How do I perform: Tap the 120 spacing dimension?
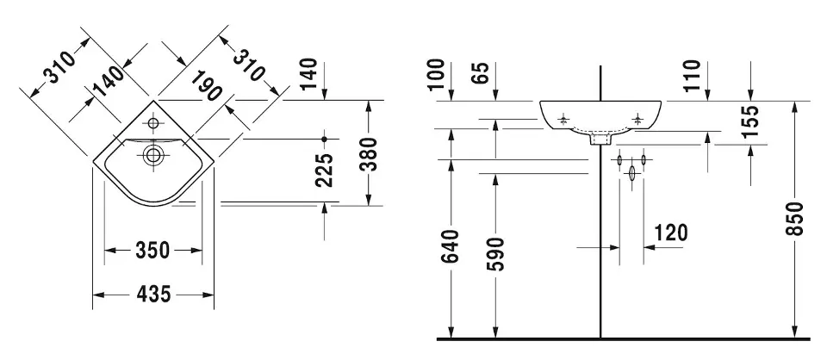(671, 233)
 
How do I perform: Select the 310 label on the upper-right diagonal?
(250, 61)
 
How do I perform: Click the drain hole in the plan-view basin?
(153, 156)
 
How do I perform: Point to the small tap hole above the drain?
(153, 123)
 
